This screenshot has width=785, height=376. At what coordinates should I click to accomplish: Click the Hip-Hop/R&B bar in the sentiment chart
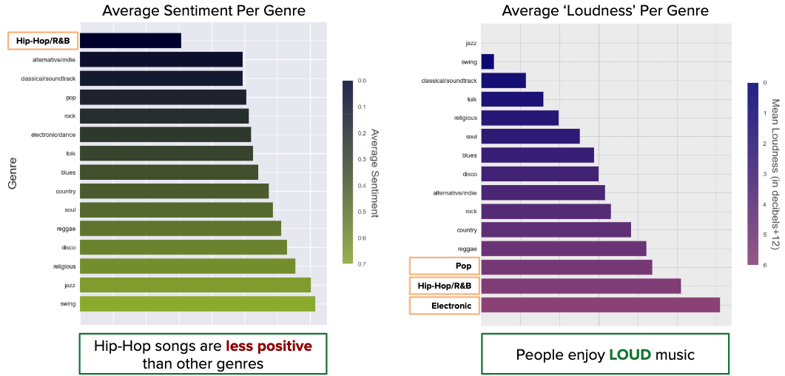click(x=130, y=41)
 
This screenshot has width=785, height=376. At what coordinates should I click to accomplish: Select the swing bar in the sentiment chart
click(x=198, y=303)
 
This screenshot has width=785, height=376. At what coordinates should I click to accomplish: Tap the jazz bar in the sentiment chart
click(x=195, y=285)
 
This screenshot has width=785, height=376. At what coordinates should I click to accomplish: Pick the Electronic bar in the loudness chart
click(x=600, y=305)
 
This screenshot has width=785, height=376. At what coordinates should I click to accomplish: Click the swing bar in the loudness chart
click(x=488, y=61)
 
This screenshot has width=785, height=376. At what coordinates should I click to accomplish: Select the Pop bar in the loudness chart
click(x=566, y=266)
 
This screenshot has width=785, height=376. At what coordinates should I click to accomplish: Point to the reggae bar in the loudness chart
click(x=563, y=248)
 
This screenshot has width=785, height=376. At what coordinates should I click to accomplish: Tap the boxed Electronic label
click(x=445, y=305)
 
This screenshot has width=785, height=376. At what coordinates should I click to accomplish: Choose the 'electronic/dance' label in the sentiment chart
click(x=53, y=135)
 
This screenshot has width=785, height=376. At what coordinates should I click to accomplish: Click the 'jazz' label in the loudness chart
click(x=471, y=44)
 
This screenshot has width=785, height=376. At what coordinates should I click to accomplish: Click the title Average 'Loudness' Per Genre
click(x=605, y=10)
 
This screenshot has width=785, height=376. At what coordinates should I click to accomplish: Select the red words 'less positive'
click(x=269, y=346)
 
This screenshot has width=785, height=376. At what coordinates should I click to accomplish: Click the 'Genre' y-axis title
click(x=12, y=172)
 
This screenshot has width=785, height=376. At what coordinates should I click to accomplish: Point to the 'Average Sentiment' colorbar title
click(x=375, y=172)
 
